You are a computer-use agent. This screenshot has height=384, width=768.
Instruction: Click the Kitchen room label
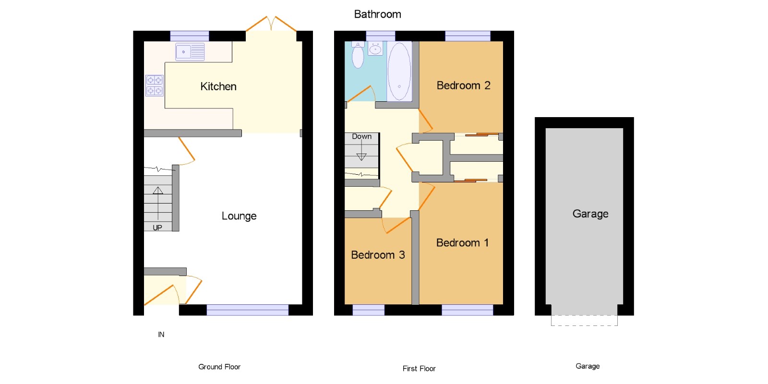tap(218, 86)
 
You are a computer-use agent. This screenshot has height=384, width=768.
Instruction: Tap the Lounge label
tap(239, 216)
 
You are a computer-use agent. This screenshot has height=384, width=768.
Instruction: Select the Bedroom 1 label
tap(462, 243)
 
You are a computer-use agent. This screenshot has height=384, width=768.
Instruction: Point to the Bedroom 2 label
tap(464, 85)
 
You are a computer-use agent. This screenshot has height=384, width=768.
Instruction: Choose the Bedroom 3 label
tap(378, 255)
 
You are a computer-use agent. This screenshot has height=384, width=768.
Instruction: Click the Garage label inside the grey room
tap(590, 214)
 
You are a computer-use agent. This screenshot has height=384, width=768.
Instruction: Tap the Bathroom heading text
tap(377, 14)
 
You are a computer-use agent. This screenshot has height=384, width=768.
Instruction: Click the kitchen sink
tap(190, 52)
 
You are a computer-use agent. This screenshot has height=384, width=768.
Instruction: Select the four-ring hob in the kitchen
tap(154, 85)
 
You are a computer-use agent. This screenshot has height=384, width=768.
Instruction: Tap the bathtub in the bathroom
tap(399, 72)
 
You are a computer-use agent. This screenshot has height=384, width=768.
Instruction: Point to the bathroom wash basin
tap(375, 48)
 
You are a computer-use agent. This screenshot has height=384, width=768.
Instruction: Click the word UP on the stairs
tap(157, 228)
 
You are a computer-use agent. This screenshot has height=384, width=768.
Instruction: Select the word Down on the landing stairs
tap(362, 136)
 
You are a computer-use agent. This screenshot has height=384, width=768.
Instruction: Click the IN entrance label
tap(161, 334)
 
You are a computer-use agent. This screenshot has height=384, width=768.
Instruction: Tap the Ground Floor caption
tap(219, 367)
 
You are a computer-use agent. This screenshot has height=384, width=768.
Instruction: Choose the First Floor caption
tap(419, 369)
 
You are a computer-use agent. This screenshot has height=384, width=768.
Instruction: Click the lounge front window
tap(248, 310)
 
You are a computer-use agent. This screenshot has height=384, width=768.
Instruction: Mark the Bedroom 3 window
tap(369, 310)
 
